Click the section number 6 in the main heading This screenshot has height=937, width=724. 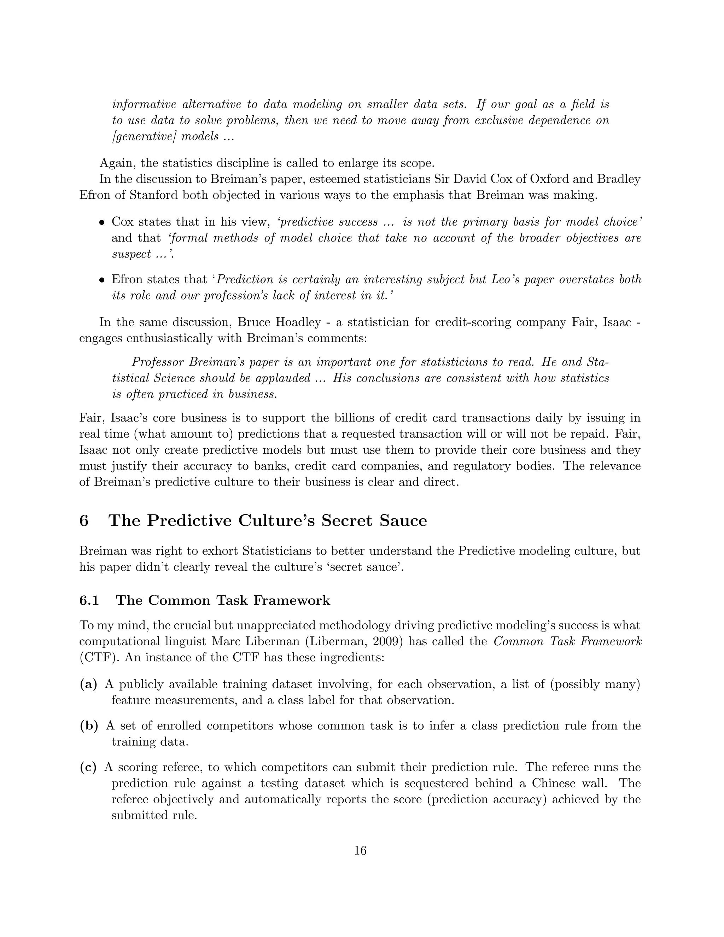point(84,520)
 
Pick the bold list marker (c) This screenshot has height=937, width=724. point(88,767)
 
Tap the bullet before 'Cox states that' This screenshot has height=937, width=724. point(102,223)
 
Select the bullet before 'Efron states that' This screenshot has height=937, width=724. point(102,280)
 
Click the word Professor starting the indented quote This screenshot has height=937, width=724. point(158,362)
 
